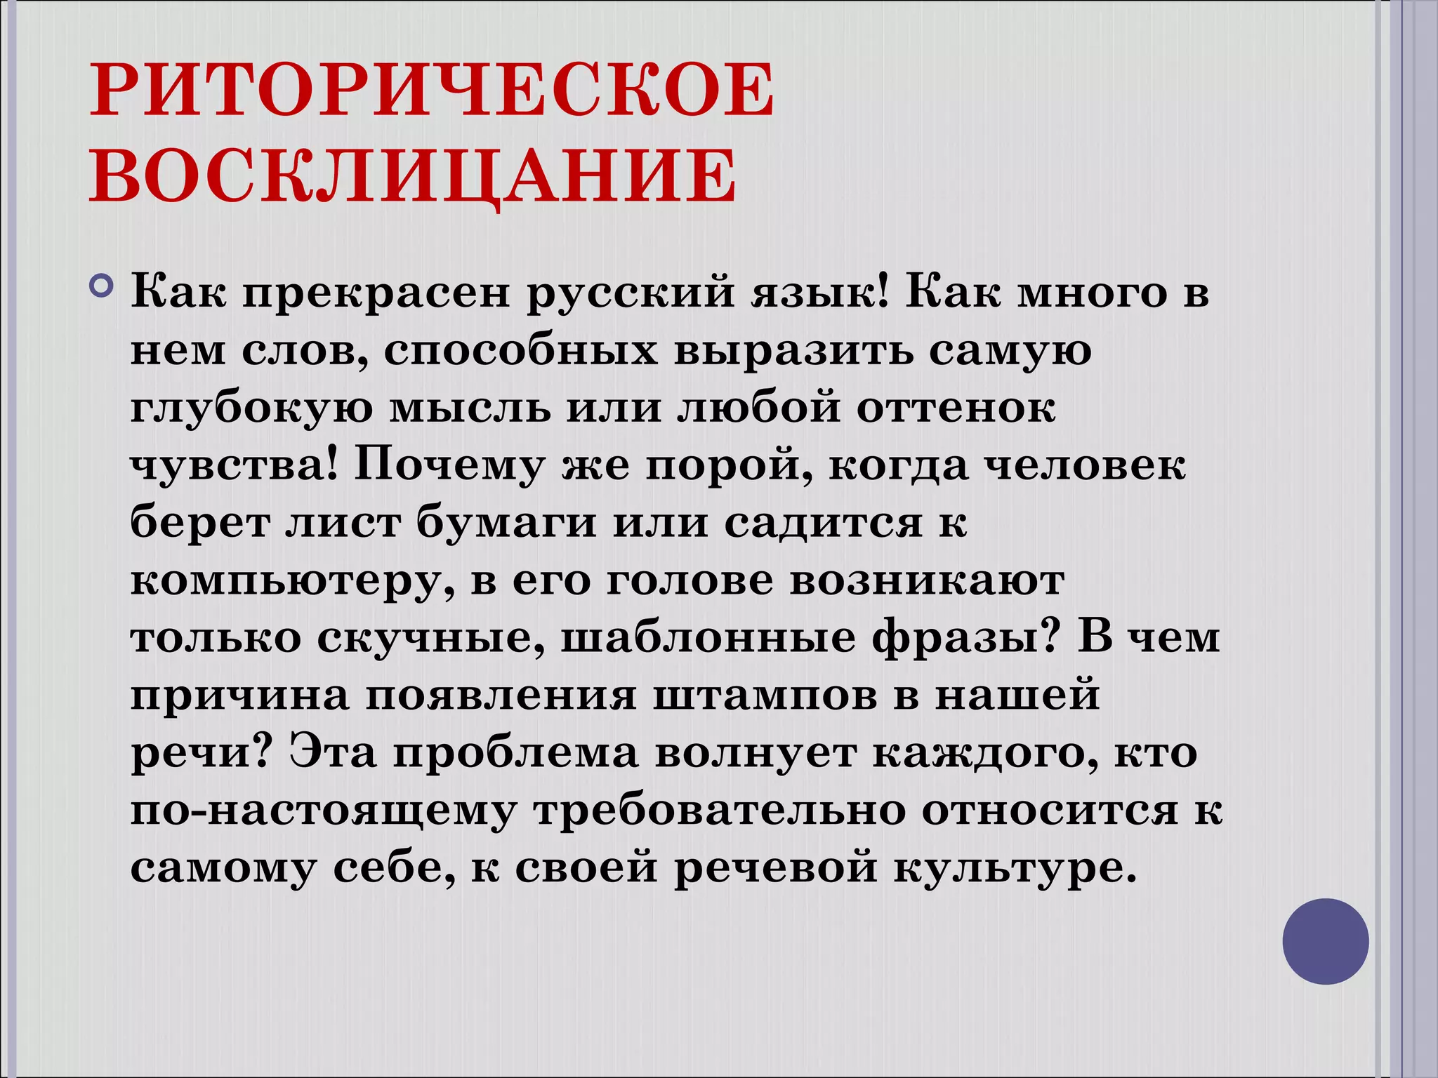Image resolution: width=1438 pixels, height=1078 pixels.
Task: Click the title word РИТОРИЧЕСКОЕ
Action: coord(432,91)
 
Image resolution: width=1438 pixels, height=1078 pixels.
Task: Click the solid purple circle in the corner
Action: coord(1325,941)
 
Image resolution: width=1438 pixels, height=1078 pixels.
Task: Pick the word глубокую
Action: coord(251,409)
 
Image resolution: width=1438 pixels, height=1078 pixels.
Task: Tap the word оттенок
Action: coord(956,408)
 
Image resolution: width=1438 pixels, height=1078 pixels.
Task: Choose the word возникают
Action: coord(927,580)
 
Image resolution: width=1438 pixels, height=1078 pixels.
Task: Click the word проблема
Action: coord(515,754)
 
